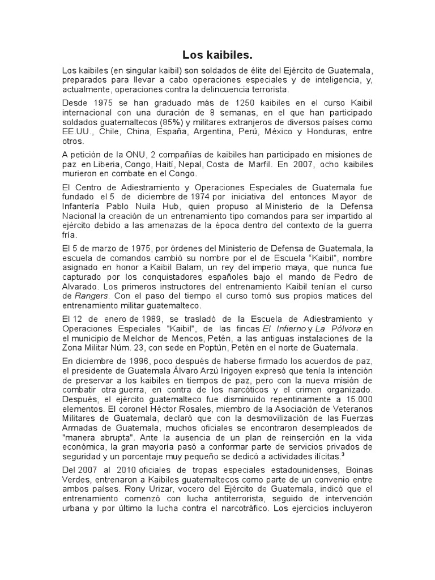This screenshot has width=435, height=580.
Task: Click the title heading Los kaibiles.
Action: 217,55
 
